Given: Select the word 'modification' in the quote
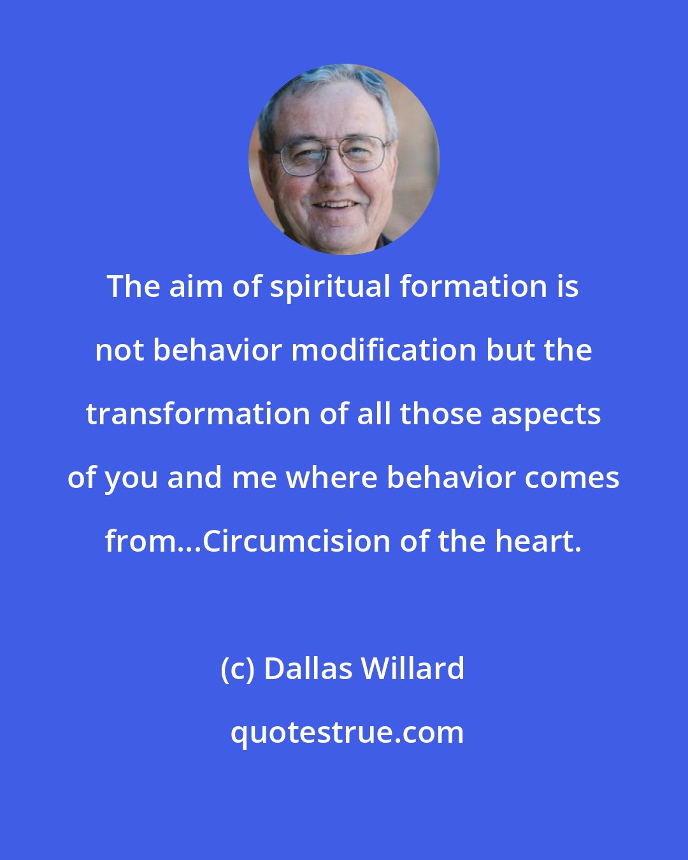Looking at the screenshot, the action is [383, 350].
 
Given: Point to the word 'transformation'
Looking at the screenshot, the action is [197, 414].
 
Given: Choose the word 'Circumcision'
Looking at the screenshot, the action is [298, 541].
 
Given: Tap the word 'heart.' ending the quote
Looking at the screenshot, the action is [538, 541].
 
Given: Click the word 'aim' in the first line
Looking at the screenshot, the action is [196, 287].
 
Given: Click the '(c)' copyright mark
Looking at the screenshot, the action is [238, 669].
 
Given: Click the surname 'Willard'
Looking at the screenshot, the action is [413, 669].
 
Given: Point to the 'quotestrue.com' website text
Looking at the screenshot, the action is [347, 733].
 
